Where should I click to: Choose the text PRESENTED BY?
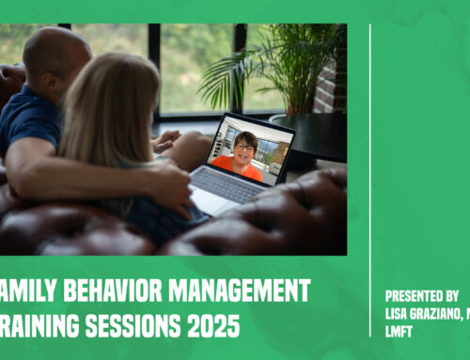[x=421, y=293]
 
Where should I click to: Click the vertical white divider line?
[x=369, y=179]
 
